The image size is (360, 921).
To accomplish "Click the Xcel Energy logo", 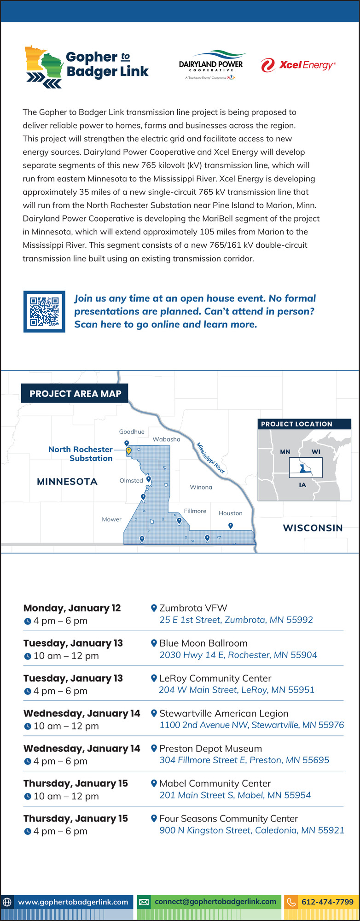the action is click(x=298, y=65).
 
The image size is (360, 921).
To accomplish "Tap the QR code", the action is click(x=44, y=311).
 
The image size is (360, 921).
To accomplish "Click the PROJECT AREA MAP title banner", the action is click(x=75, y=393).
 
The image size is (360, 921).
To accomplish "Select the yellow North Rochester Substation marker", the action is click(x=129, y=451).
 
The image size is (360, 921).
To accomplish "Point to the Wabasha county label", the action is click(x=167, y=439).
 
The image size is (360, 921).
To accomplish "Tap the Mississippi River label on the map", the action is click(x=211, y=458).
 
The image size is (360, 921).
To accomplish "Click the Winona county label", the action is click(x=201, y=487).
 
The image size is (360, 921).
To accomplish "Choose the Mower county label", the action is click(x=112, y=519).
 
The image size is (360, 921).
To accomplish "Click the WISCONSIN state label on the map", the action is click(x=313, y=528).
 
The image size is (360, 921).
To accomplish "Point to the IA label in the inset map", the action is click(x=302, y=485).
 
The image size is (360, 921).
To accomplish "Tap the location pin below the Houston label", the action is click(x=231, y=526).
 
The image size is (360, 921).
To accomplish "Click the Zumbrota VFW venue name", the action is click(x=193, y=608).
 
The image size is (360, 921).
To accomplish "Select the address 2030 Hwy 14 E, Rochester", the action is click(x=238, y=655).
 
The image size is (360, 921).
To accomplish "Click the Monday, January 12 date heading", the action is click(x=72, y=608).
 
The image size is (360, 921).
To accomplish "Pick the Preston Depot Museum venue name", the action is click(x=211, y=748).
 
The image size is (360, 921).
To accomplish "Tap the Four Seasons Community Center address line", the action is click(x=252, y=830).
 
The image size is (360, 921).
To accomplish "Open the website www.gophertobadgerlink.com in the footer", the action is click(x=73, y=902).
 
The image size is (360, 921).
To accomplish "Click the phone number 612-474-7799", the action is click(x=327, y=902).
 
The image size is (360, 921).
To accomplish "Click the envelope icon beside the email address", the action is click(x=144, y=902).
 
